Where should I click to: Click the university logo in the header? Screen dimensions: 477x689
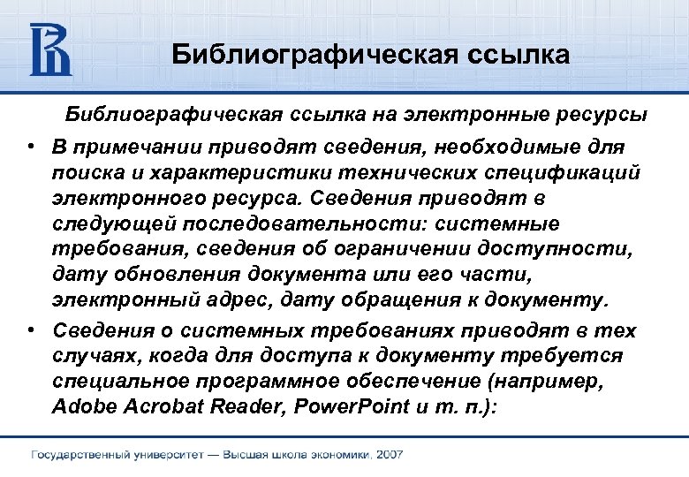click(x=50, y=49)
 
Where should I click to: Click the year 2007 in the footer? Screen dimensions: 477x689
click(x=388, y=454)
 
